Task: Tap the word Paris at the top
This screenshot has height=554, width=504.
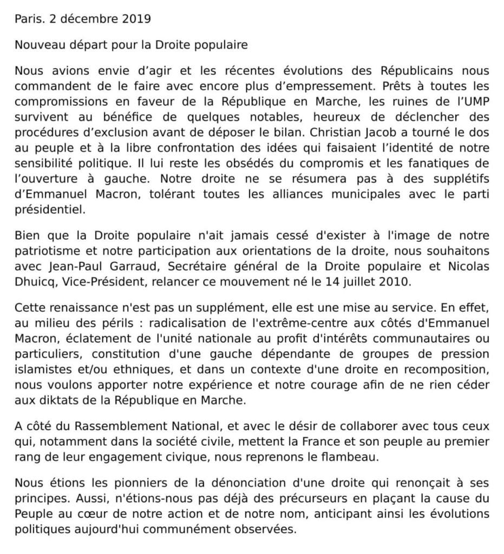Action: coord(28,19)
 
